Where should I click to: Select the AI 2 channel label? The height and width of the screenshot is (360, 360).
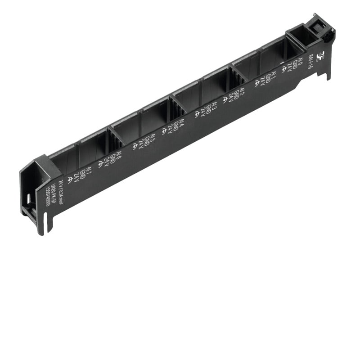tap(242, 91)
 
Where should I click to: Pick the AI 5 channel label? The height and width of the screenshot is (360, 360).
tap(153, 138)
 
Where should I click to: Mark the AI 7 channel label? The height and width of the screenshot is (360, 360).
tap(89, 171)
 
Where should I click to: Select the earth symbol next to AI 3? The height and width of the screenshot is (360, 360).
tap(197, 114)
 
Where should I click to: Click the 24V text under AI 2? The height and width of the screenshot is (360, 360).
tap(231, 96)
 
